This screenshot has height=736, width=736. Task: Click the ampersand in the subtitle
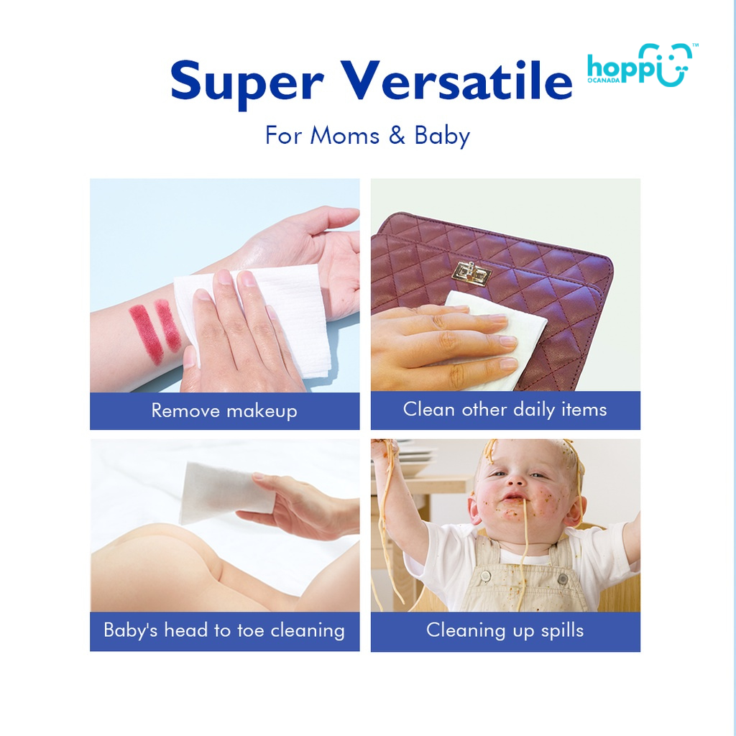point(397,136)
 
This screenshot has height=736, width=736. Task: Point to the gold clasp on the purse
point(471,274)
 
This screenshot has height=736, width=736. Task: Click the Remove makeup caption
point(224,411)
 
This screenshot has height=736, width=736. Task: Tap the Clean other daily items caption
point(505,410)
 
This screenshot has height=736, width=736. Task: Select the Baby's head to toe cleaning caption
point(224,631)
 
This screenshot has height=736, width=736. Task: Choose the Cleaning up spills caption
point(505,631)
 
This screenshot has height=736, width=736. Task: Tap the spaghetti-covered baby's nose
point(515,479)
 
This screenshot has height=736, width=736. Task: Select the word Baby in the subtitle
point(442,136)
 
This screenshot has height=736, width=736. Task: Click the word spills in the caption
point(556,631)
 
